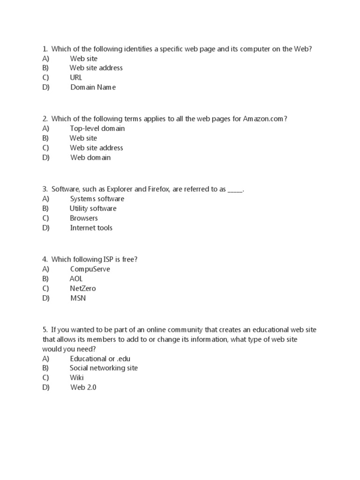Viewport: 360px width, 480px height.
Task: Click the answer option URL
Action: pyautogui.click(x=76, y=77)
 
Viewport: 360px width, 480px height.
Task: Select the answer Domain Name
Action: pyautogui.click(x=93, y=87)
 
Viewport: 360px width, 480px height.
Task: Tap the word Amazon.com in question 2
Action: pyautogui.click(x=263, y=119)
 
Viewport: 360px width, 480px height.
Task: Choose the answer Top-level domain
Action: pyautogui.click(x=97, y=128)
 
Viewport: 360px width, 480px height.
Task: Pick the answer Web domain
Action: pyautogui.click(x=90, y=157)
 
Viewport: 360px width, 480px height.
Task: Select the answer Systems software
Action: pyautogui.click(x=97, y=199)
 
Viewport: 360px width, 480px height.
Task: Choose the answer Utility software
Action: pyautogui.click(x=93, y=209)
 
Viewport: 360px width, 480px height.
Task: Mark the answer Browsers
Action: pyautogui.click(x=84, y=218)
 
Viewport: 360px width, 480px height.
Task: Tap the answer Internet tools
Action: pyautogui.click(x=91, y=228)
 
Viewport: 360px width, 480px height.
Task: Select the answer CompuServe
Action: pyautogui.click(x=90, y=269)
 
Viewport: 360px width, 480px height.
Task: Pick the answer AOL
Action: pyautogui.click(x=76, y=278)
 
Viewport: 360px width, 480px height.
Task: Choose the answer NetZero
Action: pyautogui.click(x=83, y=288)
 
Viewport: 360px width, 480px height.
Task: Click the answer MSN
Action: pyautogui.click(x=78, y=298)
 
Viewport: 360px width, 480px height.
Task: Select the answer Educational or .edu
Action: pyautogui.click(x=100, y=359)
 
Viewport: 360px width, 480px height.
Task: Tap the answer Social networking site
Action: pyautogui.click(x=104, y=368)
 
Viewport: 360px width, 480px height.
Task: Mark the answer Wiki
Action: pyautogui.click(x=77, y=377)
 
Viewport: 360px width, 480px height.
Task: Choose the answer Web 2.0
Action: pyautogui.click(x=83, y=387)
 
